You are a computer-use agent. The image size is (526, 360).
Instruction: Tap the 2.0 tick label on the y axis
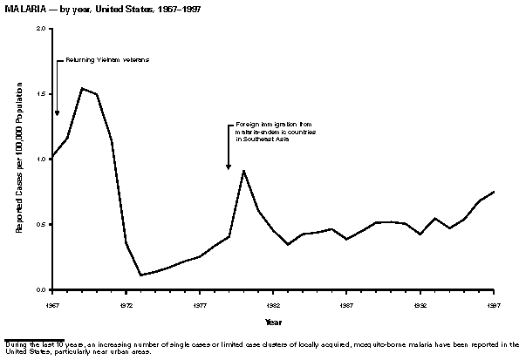tap(41, 29)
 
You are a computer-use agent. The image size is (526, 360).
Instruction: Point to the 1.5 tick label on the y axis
tap(41, 94)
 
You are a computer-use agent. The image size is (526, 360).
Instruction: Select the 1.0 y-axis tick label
tap(41, 160)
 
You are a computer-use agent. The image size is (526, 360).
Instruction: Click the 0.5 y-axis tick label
tap(41, 225)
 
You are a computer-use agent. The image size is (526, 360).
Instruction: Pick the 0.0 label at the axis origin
tap(41, 289)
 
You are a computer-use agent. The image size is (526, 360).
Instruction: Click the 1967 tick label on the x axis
tap(52, 306)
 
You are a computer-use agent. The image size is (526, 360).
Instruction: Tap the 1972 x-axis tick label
tap(126, 306)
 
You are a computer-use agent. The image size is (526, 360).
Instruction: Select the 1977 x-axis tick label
tap(200, 306)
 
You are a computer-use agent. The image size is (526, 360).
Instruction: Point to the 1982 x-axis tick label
tap(273, 306)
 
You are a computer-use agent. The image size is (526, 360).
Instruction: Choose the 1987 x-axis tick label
tap(347, 306)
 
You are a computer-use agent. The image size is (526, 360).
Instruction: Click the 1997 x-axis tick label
tap(494, 306)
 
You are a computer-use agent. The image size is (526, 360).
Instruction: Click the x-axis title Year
tap(274, 323)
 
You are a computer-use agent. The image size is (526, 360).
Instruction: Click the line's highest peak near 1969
tap(82, 88)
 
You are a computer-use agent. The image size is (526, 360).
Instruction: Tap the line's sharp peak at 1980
tap(244, 170)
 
